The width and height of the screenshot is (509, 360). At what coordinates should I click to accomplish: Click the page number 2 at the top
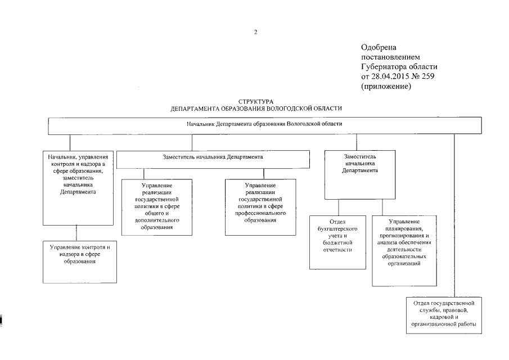255,32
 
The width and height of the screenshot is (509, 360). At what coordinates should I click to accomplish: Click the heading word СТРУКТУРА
256,101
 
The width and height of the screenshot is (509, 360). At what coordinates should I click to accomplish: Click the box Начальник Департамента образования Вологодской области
264,125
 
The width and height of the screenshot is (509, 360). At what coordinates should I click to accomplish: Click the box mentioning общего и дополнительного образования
157,206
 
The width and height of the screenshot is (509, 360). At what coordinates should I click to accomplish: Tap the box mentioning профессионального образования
260,206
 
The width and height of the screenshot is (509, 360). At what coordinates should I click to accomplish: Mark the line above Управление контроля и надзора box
77,232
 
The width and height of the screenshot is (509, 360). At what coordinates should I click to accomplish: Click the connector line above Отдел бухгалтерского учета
338,206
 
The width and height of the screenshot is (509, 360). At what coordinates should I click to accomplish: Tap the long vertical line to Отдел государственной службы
454,214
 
